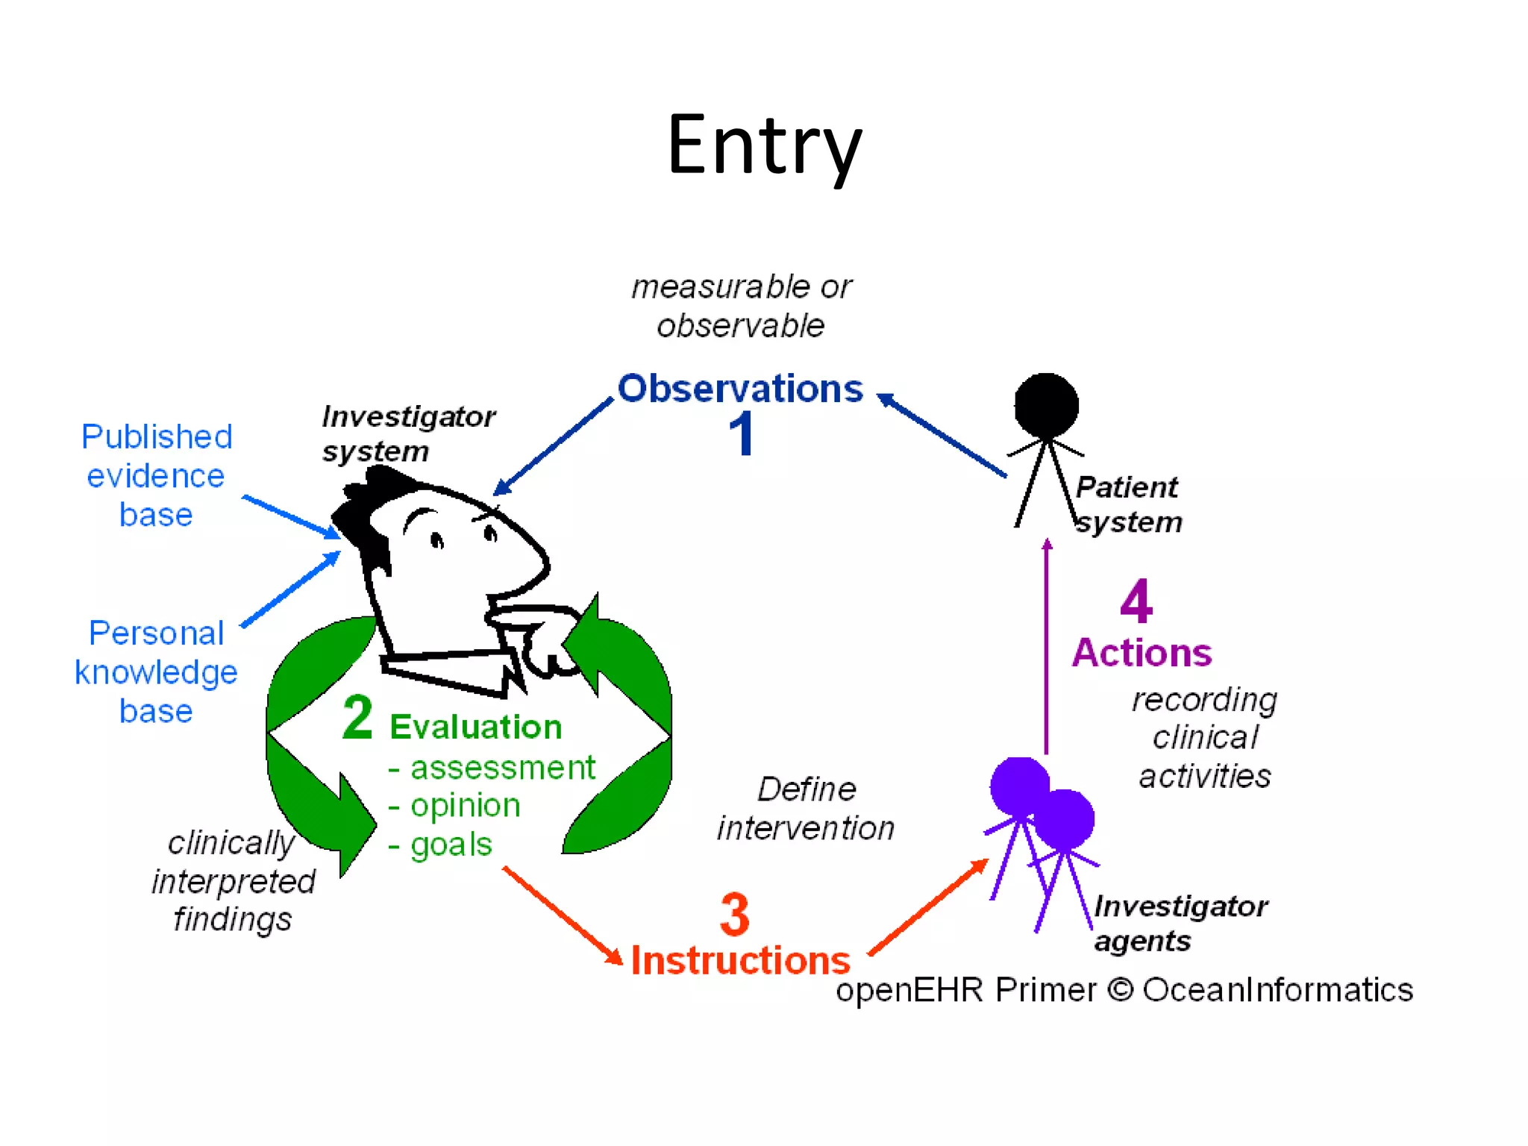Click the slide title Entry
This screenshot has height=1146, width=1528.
[764, 145]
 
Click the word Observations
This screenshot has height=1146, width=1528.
[739, 389]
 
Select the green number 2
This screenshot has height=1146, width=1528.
[357, 718]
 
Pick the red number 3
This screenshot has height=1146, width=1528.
[734, 914]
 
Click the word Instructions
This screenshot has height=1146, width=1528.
[740, 960]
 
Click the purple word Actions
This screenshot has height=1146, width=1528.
[1142, 653]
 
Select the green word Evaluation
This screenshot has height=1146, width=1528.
[475, 727]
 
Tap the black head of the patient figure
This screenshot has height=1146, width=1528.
[1046, 405]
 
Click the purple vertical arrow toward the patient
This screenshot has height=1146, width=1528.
[1046, 649]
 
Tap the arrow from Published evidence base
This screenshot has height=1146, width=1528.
[291, 516]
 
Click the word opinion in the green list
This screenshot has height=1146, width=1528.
[465, 806]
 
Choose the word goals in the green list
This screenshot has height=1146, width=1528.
[451, 845]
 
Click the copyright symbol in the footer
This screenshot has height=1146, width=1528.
[1120, 990]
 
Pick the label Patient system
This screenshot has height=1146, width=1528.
[1128, 504]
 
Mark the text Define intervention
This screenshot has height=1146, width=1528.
[806, 809]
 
